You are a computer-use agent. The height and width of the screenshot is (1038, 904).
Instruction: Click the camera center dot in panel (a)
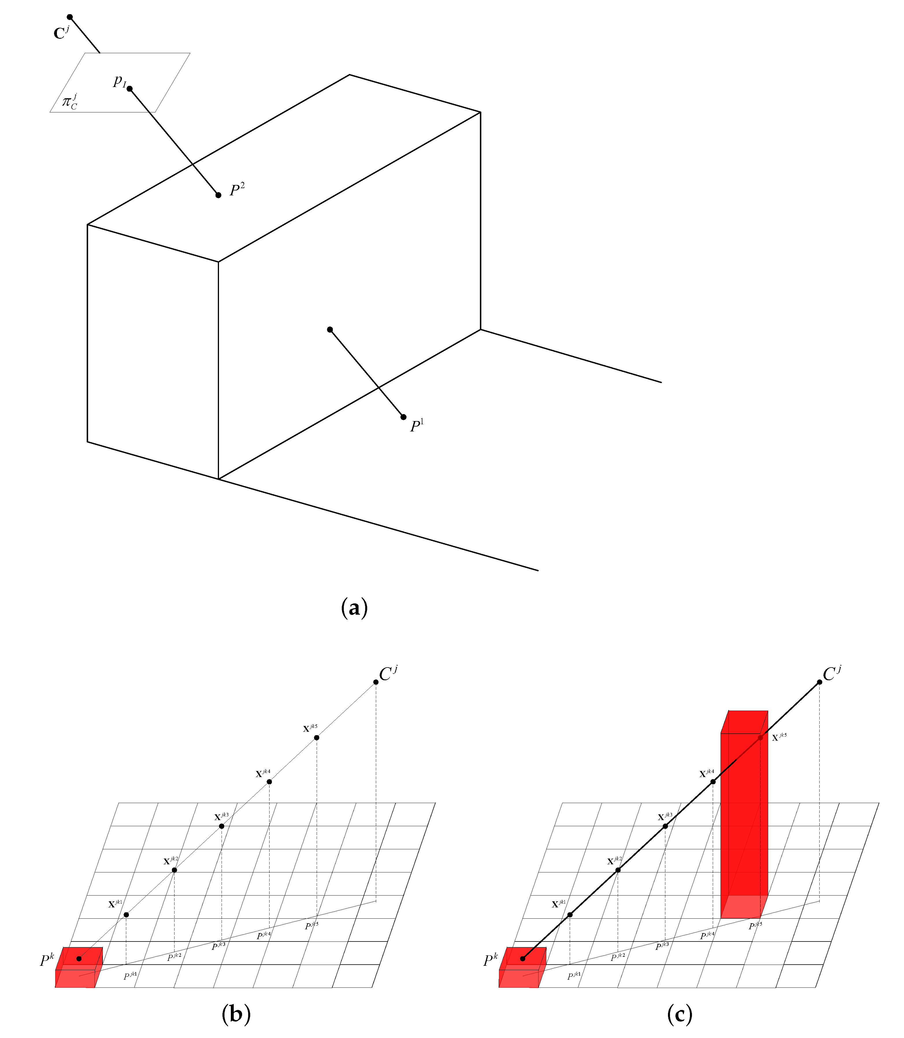coord(70,17)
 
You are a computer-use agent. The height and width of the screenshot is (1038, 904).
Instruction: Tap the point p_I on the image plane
coord(130,89)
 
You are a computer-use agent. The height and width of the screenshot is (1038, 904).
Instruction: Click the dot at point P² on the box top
coord(218,195)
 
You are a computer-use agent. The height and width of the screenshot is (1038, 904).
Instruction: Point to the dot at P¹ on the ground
coord(404,417)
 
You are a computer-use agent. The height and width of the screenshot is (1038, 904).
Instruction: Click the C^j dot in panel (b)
coord(376,682)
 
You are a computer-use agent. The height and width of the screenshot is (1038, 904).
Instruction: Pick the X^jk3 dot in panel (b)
coord(222,826)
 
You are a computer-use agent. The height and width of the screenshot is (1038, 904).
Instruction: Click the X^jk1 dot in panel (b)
coord(126,915)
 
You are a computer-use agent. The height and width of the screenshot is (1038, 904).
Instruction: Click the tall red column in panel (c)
coord(743,818)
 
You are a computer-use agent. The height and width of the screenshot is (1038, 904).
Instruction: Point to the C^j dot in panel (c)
coord(819,682)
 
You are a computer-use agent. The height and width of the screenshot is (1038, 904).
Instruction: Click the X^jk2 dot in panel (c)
coord(618,870)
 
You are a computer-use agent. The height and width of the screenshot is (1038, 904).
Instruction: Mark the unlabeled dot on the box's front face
coord(330,329)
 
